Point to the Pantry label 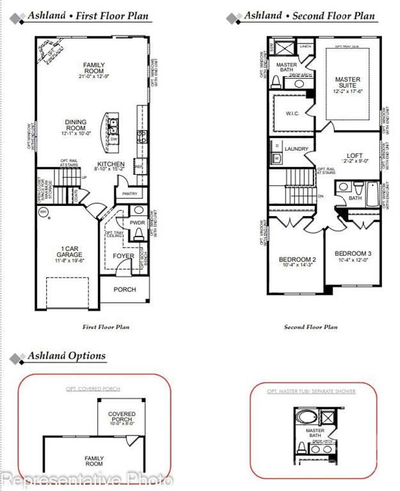pos(130,193)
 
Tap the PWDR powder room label pos(138,222)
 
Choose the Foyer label pos(124,256)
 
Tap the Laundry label pos(297,149)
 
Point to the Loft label pos(354,155)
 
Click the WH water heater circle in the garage pos(43,212)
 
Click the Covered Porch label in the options pos(122,417)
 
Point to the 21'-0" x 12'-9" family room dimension pos(93,76)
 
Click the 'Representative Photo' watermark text pos(87,478)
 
